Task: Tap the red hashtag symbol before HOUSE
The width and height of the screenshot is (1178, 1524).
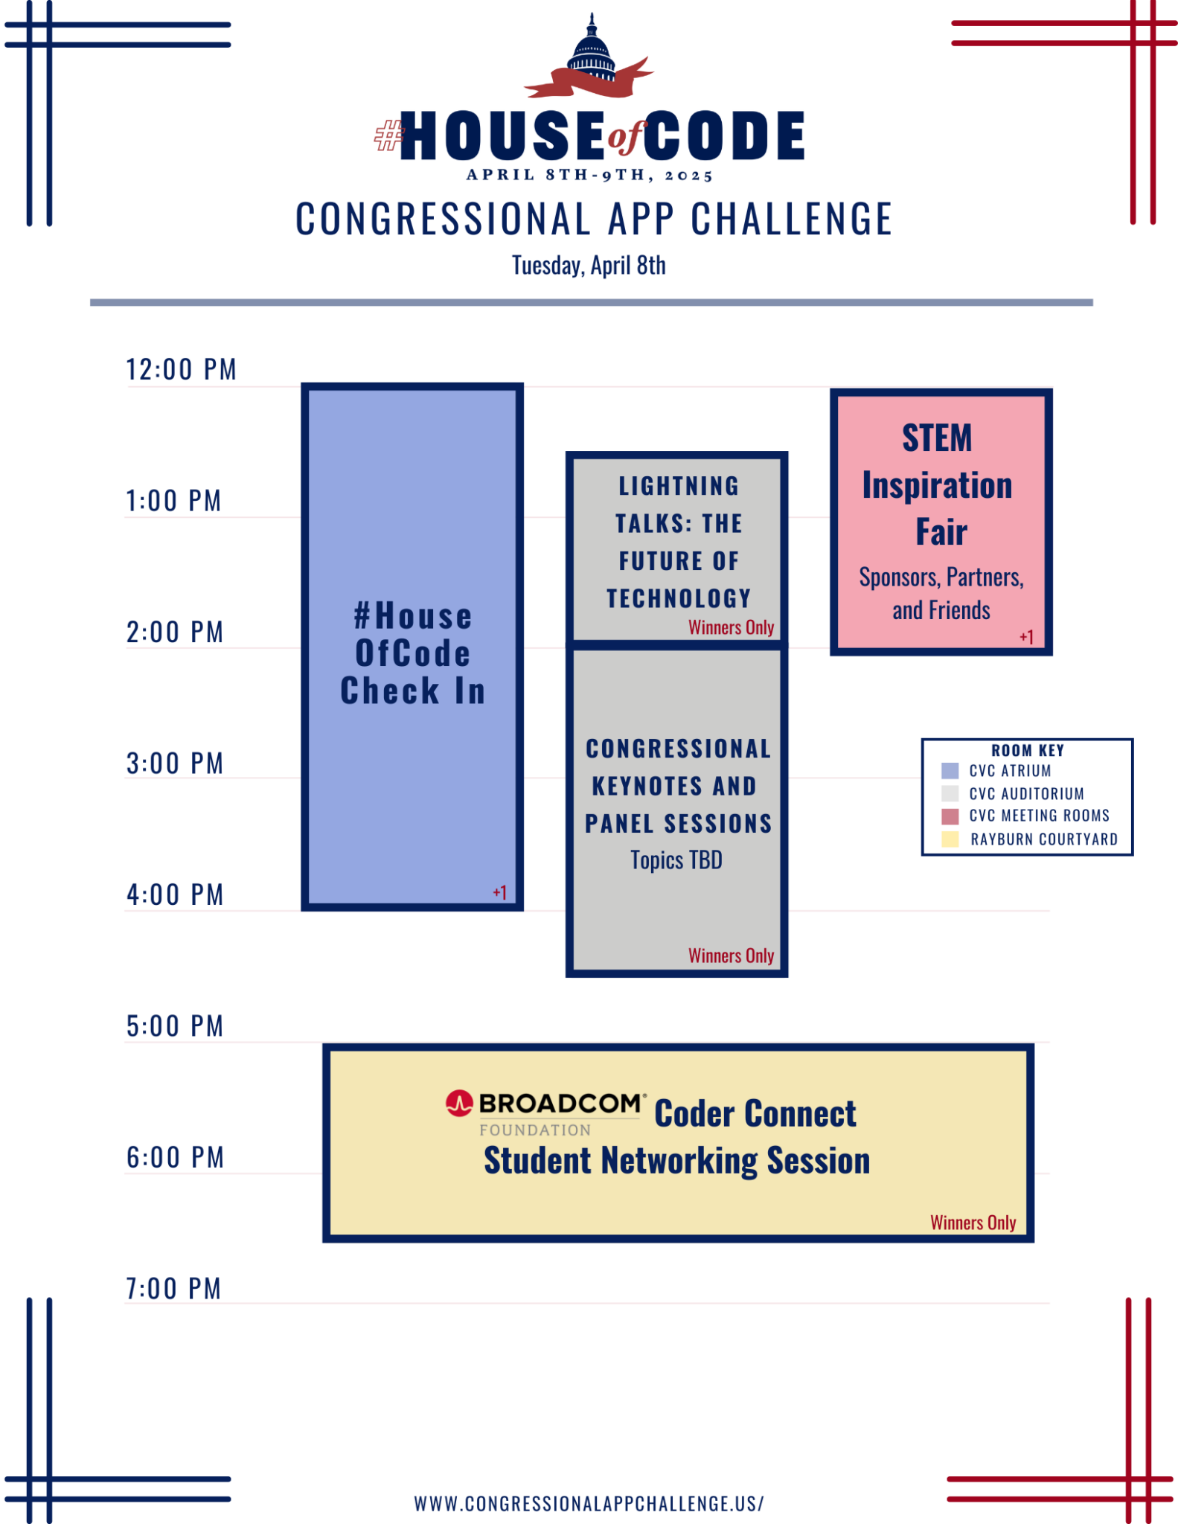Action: coord(388,136)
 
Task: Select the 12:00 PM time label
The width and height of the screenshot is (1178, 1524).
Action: coord(181,369)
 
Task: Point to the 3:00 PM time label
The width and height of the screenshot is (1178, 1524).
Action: coord(175,763)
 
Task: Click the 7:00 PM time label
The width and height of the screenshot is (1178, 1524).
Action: coord(174,1289)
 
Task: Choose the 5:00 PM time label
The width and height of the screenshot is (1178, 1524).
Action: coord(175,1026)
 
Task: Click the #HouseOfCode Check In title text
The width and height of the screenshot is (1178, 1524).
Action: coord(413,653)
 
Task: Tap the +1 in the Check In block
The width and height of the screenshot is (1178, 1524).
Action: coord(500,892)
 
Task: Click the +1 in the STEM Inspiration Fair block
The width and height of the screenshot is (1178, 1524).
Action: coord(1027,637)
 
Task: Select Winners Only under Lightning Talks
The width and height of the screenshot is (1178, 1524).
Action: coord(731,627)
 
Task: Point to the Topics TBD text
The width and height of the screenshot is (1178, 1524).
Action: coord(676,860)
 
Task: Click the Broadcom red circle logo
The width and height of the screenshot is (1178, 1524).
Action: coord(459,1103)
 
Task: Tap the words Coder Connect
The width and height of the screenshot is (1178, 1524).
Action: coord(755,1114)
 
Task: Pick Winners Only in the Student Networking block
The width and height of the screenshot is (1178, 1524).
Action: coord(973,1223)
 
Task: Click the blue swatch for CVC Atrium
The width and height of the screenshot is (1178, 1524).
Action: coord(950,771)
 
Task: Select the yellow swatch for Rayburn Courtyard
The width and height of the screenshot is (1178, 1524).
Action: coord(950,839)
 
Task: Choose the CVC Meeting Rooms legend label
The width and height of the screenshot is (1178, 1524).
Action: coord(1039,816)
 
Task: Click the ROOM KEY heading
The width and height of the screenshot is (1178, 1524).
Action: coord(1028,751)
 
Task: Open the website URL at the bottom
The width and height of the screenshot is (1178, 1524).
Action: coord(589,1504)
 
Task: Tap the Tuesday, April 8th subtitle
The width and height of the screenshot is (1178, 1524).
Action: coord(589,266)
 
